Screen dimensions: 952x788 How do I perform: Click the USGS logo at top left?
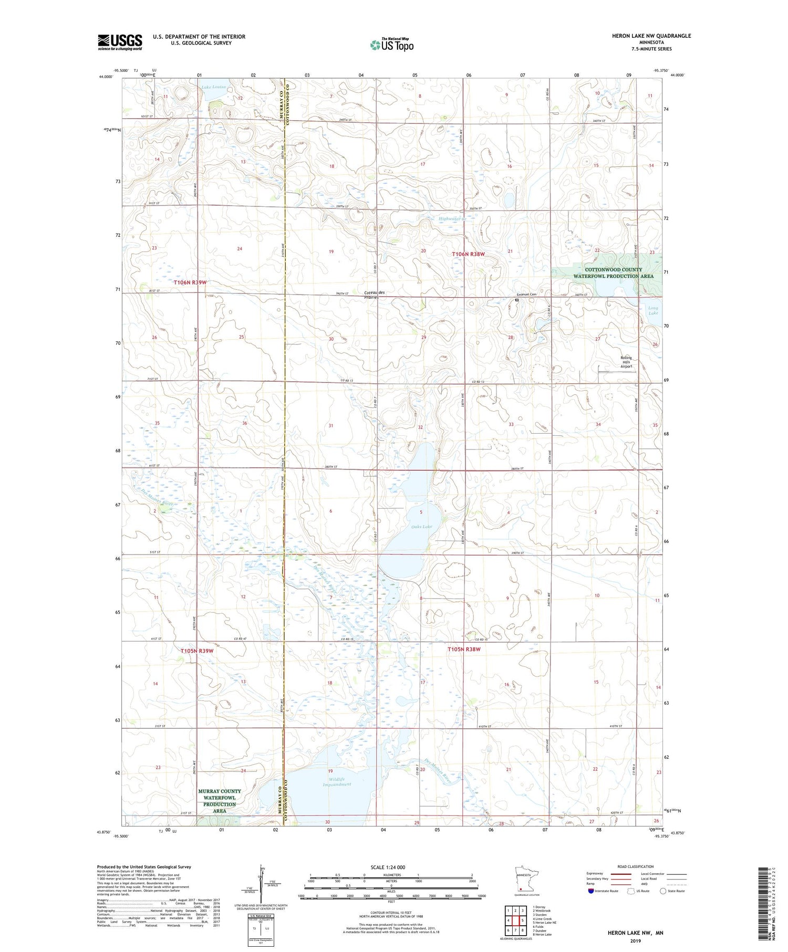(120, 42)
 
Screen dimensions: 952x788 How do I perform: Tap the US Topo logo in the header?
(391, 45)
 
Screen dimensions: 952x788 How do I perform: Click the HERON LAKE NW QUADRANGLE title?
(651, 36)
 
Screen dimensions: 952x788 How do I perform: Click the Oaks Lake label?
(422, 526)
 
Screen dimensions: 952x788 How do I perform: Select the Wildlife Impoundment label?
(337, 781)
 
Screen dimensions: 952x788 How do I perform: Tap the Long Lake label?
(653, 310)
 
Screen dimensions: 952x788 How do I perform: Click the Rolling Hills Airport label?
(626, 362)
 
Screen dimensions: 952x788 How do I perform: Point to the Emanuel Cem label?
(526, 295)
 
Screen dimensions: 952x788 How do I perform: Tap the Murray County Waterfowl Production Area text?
(220, 801)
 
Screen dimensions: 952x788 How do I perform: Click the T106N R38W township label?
(468, 254)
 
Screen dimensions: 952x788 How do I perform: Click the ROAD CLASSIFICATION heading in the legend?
(636, 866)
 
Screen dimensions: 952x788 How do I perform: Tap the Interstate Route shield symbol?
(591, 891)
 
